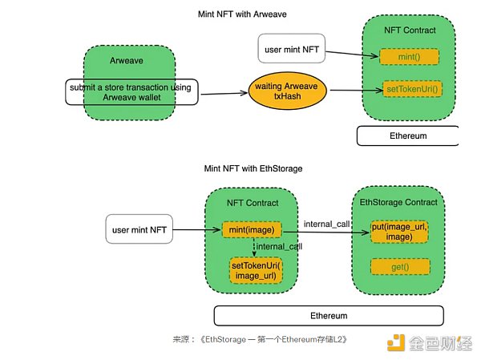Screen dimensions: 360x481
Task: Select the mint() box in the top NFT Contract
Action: (x=409, y=56)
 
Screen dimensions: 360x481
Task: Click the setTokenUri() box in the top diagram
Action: (x=410, y=87)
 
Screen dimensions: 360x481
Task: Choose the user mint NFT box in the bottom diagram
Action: (x=140, y=230)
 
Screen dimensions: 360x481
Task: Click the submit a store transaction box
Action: (x=131, y=92)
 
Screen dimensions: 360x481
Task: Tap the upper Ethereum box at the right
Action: (x=407, y=136)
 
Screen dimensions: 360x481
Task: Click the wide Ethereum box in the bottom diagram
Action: (x=328, y=315)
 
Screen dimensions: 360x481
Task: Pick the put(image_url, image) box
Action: (x=398, y=232)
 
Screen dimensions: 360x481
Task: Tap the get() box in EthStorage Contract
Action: (x=398, y=266)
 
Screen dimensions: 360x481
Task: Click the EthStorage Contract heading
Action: (x=398, y=202)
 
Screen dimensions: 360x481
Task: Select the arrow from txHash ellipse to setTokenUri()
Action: (x=354, y=90)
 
